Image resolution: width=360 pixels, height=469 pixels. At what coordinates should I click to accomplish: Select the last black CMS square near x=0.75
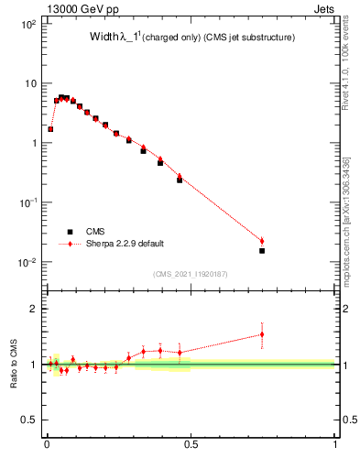click(x=262, y=250)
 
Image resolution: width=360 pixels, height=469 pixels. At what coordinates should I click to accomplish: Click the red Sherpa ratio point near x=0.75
click(x=262, y=334)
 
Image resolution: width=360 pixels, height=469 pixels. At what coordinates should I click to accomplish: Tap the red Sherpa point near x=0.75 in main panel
click(x=262, y=241)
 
